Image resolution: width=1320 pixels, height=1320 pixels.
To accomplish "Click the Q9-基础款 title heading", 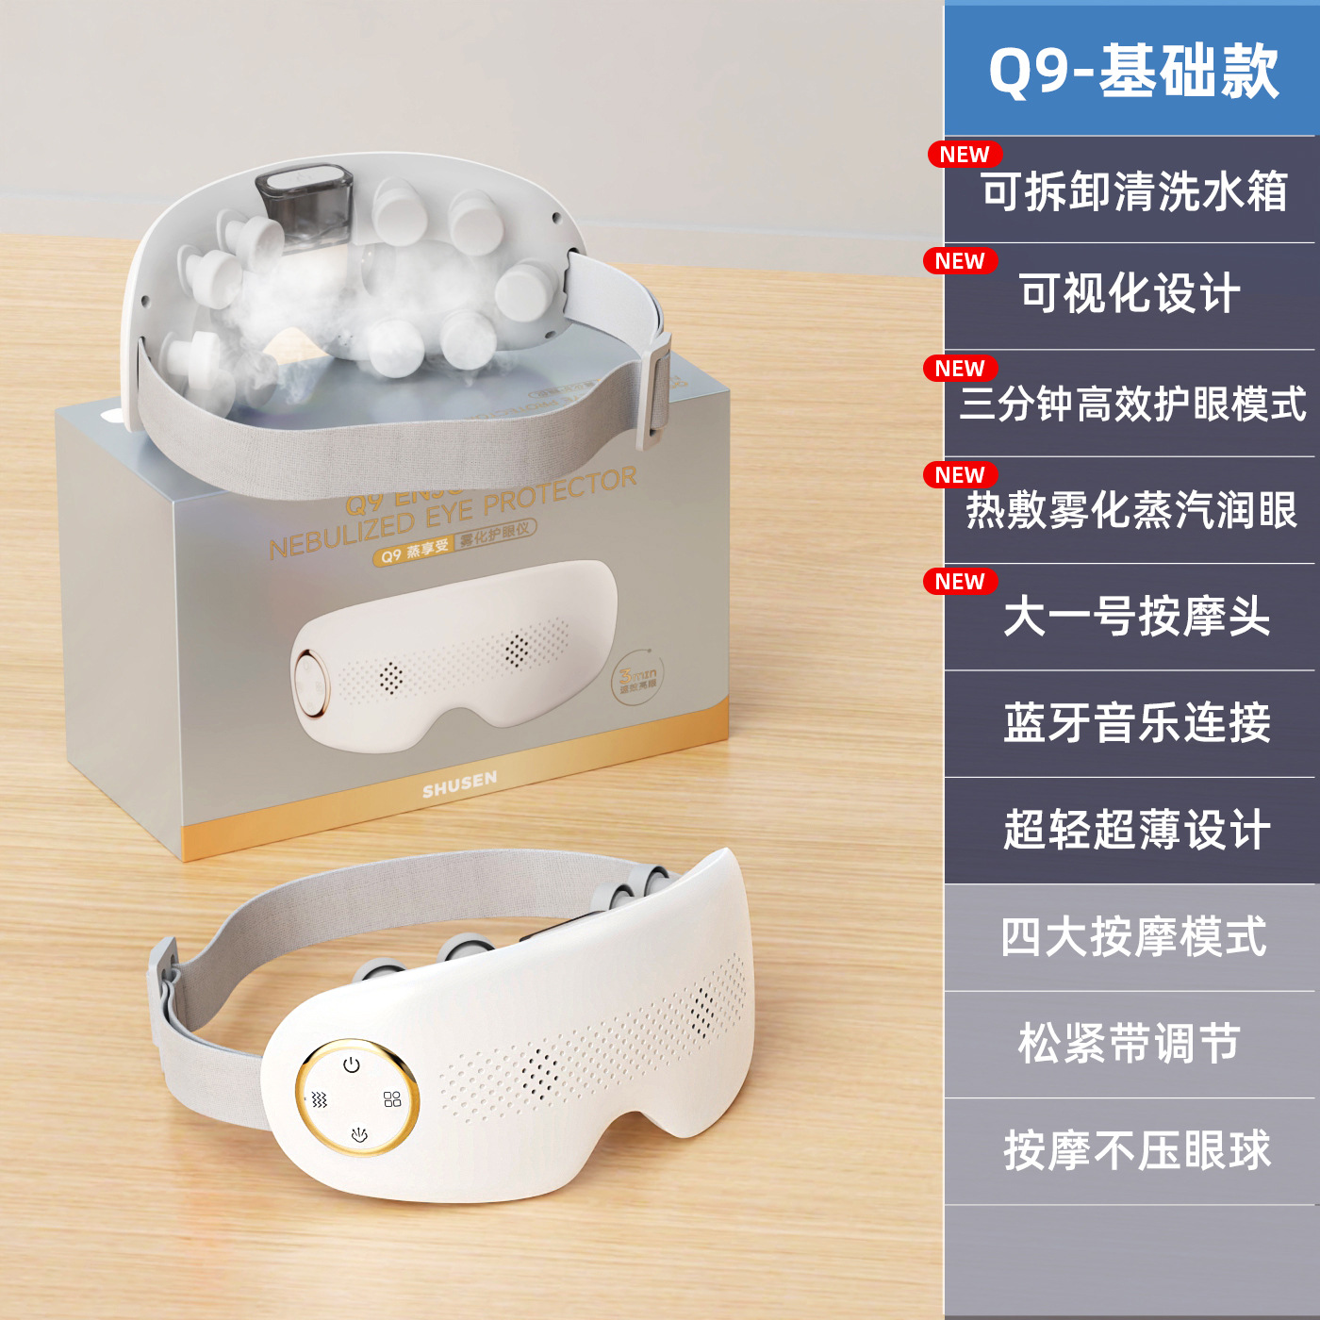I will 1132,72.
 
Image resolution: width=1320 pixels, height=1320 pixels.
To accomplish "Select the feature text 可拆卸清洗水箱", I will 1134,192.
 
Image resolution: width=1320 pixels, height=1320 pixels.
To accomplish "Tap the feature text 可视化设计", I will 1130,293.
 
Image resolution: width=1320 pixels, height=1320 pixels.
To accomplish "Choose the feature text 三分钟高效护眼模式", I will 1132,404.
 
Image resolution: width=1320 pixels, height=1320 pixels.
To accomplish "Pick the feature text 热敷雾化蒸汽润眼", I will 1131,510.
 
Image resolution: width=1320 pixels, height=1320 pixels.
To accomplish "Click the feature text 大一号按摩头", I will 1136,618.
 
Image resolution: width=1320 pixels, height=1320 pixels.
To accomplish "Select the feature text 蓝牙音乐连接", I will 1136,724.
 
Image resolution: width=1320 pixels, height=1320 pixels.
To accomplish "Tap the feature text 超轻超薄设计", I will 1136,831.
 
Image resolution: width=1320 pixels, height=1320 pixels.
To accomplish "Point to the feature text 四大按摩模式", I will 1133,937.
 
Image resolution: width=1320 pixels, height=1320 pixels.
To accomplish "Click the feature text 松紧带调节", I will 1129,1044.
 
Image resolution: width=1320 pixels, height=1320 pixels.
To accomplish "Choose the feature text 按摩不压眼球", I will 1136,1150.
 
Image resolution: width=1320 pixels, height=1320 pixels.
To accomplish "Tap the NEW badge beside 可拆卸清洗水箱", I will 965,155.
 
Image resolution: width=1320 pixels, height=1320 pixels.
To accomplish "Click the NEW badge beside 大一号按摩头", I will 960,582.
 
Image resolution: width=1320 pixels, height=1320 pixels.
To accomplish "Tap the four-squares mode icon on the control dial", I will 392,1099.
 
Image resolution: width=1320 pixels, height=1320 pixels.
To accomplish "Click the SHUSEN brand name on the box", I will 459,784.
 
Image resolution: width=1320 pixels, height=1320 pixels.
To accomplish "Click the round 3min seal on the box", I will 638,678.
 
